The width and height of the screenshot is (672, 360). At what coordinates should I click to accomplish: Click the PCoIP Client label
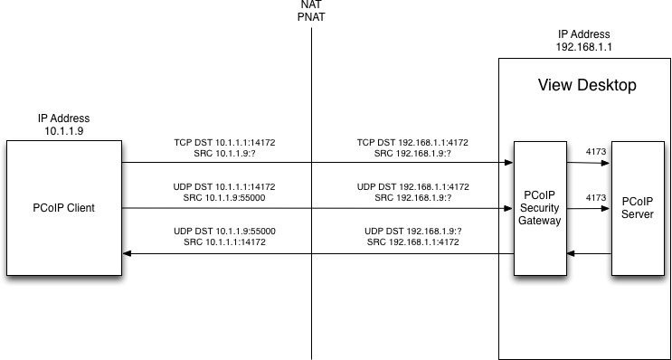(63, 208)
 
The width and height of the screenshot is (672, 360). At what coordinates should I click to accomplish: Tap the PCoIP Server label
(638, 207)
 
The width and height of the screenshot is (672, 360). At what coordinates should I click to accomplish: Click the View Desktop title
(587, 85)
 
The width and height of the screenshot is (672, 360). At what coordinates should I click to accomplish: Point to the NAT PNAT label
(311, 12)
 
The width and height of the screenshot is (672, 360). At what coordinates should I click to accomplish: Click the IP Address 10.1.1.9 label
(64, 124)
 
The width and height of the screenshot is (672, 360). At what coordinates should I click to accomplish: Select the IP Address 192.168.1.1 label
(583, 40)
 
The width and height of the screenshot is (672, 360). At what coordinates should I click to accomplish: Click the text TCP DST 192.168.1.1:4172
(412, 143)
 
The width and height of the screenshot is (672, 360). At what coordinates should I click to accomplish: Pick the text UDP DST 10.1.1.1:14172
(224, 187)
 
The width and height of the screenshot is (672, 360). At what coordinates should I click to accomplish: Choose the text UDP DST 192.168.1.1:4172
(412, 187)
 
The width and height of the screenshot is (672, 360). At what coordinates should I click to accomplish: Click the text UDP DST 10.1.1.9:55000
(224, 232)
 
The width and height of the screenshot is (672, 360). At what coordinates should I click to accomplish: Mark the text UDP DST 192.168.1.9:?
(413, 232)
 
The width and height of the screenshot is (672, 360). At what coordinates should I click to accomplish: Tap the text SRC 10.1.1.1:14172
(224, 242)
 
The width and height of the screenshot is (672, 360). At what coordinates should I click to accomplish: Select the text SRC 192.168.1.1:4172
(413, 242)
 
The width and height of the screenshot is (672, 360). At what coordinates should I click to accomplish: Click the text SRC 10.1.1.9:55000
(224, 198)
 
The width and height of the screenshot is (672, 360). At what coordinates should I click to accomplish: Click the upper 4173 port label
(596, 151)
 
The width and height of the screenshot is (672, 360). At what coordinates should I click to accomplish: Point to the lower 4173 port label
(596, 197)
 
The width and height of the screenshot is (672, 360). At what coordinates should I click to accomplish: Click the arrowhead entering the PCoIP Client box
(127, 253)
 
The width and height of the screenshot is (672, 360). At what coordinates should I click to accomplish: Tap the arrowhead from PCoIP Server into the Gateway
(571, 253)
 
